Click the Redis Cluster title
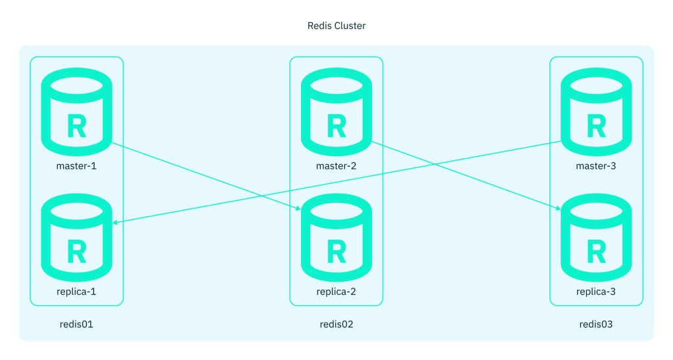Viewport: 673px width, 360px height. pyautogui.click(x=336, y=26)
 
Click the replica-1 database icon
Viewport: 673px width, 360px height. pyautogui.click(x=76, y=238)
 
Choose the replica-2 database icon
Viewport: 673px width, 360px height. pyautogui.click(x=336, y=238)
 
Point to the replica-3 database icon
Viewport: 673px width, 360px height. pyautogui.click(x=595, y=238)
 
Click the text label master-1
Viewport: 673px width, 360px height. pyautogui.click(x=76, y=166)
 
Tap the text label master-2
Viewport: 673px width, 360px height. pyautogui.click(x=336, y=166)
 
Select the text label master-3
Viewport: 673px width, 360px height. pyautogui.click(x=595, y=166)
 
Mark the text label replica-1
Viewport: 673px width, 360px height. pyautogui.click(x=76, y=292)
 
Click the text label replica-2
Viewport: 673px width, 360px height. pyautogui.click(x=336, y=292)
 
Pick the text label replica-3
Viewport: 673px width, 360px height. pyautogui.click(x=595, y=292)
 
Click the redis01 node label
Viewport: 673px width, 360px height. pyautogui.click(x=76, y=325)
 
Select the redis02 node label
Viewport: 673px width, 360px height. pyautogui.click(x=336, y=325)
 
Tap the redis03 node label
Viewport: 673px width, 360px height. pyautogui.click(x=595, y=325)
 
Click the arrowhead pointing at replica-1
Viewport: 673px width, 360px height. pyautogui.click(x=116, y=223)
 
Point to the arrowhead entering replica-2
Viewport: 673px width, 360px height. pyautogui.click(x=298, y=209)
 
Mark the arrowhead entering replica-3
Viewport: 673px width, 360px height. pyautogui.click(x=558, y=209)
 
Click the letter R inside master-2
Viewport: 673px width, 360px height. pyautogui.click(x=336, y=125)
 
